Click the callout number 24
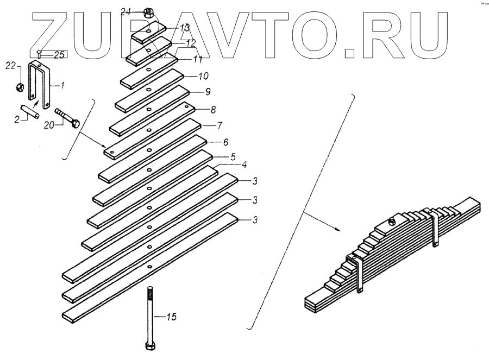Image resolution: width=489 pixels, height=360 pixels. click(126, 11)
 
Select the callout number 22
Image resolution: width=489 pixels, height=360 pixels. click(11, 66)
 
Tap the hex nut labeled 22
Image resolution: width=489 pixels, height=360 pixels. click(19, 87)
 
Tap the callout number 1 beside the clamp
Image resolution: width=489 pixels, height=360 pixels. click(62, 85)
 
